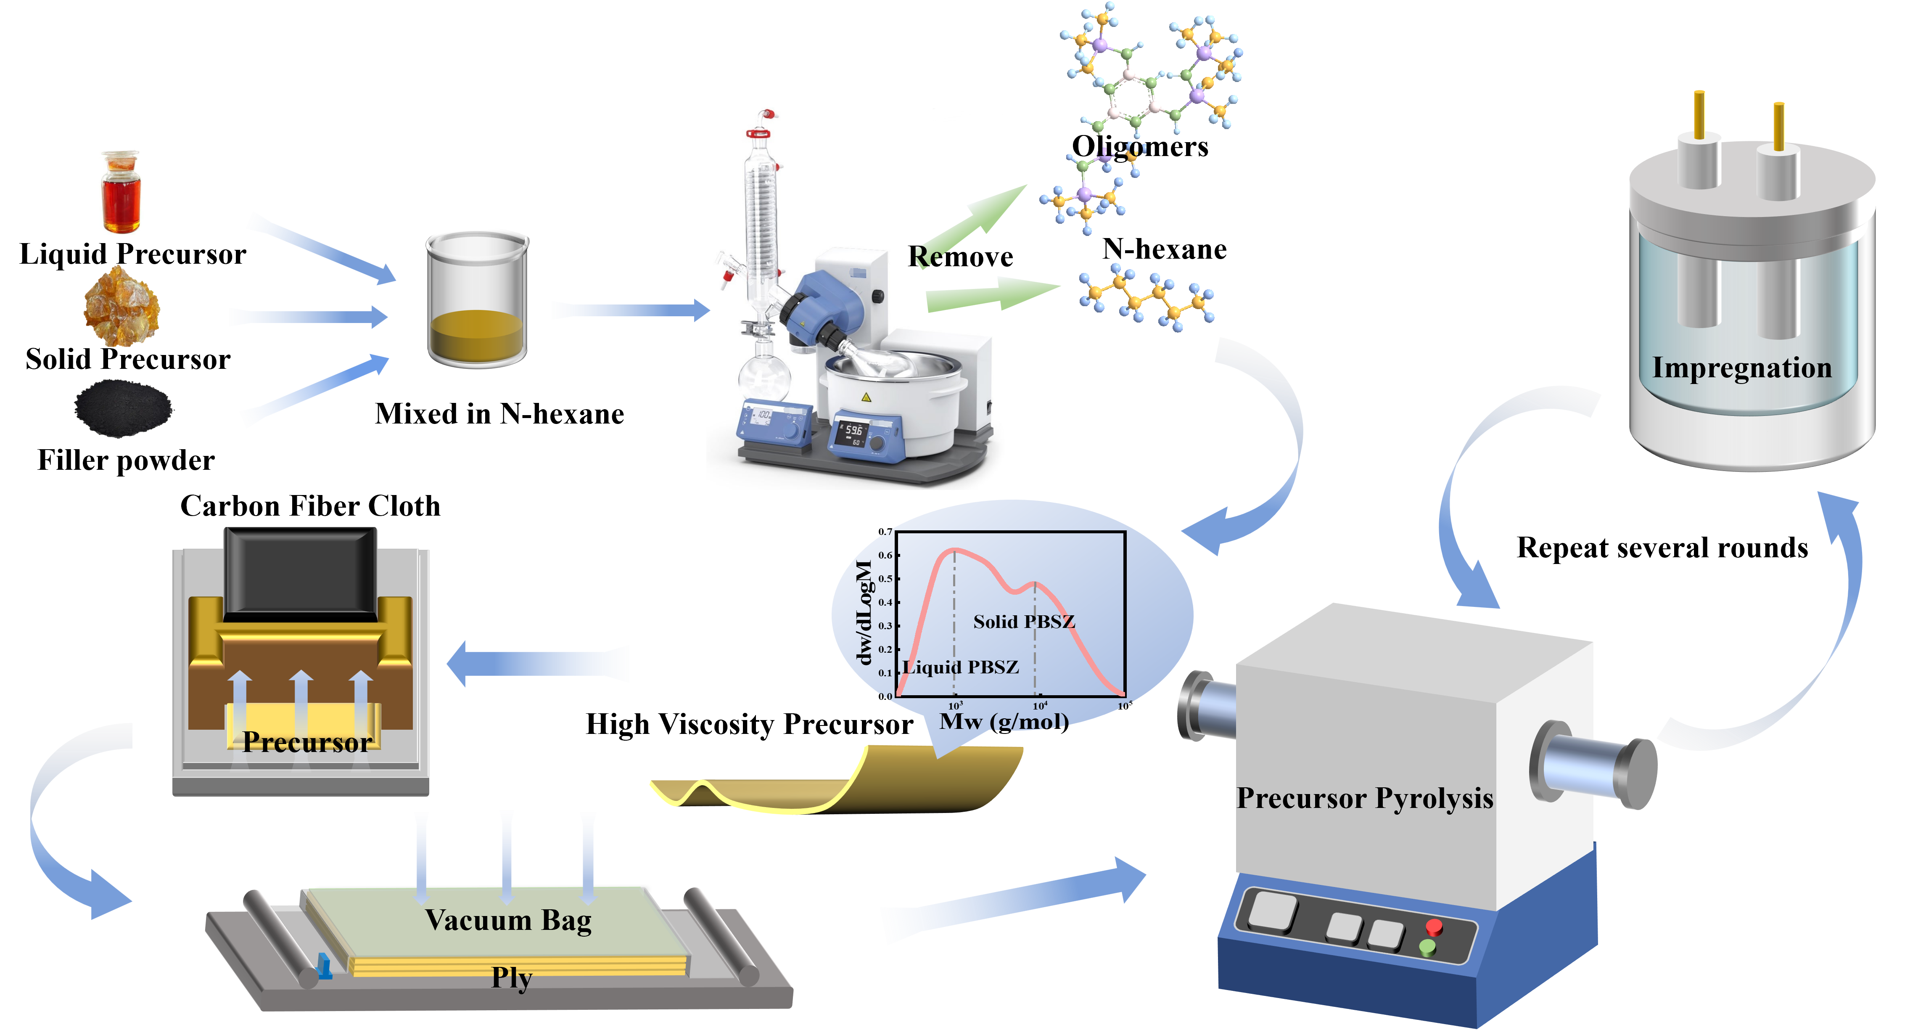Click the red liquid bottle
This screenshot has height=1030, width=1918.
click(x=120, y=192)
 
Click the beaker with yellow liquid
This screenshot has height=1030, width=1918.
click(x=477, y=299)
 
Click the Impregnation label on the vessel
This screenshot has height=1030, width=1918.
click(x=1741, y=368)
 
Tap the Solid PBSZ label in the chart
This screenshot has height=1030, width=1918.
click(x=1024, y=621)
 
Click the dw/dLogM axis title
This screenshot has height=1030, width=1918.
click(x=864, y=612)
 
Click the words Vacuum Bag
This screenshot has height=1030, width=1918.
click(x=509, y=921)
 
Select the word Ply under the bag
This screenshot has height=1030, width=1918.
click(x=512, y=977)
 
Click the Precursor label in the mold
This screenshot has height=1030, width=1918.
click(x=307, y=742)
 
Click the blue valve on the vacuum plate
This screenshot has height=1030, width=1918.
click(x=325, y=966)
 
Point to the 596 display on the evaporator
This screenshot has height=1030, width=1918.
click(x=853, y=431)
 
